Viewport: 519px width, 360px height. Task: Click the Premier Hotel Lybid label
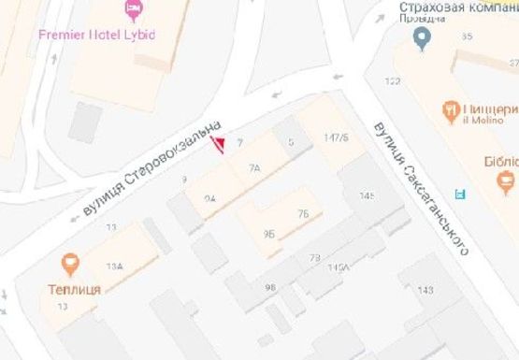(x=96, y=35)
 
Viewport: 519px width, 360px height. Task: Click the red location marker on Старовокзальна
(x=220, y=144)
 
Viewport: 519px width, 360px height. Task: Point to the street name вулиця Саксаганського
(x=420, y=186)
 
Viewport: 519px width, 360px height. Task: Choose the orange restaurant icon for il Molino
(x=454, y=109)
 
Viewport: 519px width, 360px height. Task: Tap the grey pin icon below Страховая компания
(x=422, y=39)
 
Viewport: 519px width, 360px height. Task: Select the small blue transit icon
(x=458, y=194)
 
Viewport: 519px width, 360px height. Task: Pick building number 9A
(x=209, y=198)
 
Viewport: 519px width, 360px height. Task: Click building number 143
(x=425, y=290)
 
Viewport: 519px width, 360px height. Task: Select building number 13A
(x=114, y=266)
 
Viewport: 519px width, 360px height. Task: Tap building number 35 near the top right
(x=467, y=36)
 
